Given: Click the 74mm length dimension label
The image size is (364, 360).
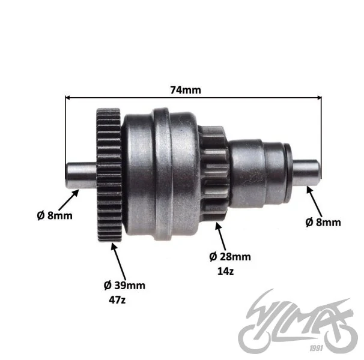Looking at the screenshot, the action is [186, 90].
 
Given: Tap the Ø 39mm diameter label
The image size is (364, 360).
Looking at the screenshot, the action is [124, 286].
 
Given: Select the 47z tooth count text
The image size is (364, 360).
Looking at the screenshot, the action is [117, 300].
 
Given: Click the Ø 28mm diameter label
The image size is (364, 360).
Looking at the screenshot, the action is [230, 257].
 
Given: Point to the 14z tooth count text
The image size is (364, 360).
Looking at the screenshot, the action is [225, 271].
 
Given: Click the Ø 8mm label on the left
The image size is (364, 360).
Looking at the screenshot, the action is [55, 215].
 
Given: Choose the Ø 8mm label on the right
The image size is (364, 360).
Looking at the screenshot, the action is [323, 222].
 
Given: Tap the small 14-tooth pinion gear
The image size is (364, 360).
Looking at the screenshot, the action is [214, 173].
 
